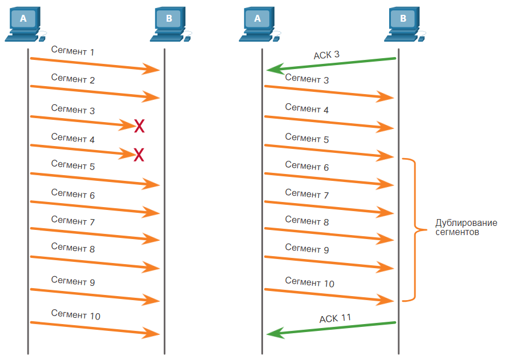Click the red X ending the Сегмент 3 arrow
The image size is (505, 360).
139,126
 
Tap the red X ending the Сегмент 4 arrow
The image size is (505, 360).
139,155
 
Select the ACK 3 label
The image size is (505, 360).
326,55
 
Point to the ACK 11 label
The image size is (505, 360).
335,318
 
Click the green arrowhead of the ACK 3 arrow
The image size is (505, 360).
274,69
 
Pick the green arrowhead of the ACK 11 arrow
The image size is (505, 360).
274,333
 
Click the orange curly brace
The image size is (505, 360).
415,229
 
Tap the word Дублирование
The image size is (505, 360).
466,223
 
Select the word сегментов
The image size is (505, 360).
457,232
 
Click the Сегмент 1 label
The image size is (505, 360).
73,51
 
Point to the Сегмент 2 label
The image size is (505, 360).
73,79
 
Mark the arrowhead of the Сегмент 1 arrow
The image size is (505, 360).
151,69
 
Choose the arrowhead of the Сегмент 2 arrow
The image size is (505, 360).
151,97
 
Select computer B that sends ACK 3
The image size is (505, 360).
405,24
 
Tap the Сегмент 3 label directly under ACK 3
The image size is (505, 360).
307,79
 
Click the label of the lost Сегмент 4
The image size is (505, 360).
73,138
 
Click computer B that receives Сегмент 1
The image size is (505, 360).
171,24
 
